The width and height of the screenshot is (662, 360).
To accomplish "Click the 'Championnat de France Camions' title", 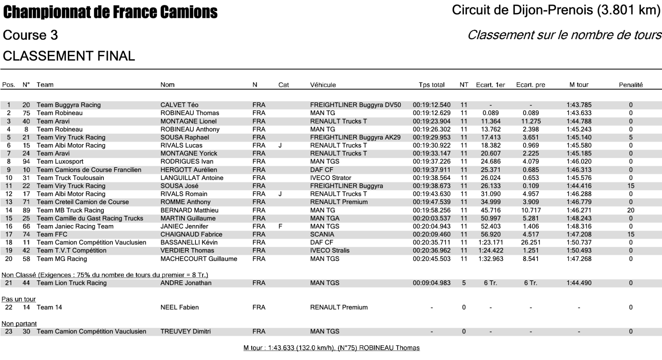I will click(110, 12).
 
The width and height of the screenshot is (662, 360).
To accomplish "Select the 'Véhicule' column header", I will click(323, 85).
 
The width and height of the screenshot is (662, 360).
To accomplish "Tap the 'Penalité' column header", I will click(631, 85).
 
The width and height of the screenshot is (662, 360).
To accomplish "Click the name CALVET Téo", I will click(179, 105).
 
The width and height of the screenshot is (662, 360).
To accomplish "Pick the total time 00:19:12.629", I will click(432, 113).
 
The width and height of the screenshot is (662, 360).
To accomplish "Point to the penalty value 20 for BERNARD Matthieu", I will click(631, 210).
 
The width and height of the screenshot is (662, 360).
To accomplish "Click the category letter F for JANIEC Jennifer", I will click(280, 227).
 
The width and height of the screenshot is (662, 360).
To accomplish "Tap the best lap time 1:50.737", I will click(579, 242).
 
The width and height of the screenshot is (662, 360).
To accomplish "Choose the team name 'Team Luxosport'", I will click(60, 162).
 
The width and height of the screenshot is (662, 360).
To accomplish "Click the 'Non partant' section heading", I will click(19, 324).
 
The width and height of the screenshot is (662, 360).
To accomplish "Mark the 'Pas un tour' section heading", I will click(19, 299).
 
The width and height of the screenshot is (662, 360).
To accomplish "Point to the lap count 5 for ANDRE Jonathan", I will click(464, 283).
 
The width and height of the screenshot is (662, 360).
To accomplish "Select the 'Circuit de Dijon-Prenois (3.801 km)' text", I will click(556, 10).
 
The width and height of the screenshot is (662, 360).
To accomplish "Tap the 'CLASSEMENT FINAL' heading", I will click(69, 56).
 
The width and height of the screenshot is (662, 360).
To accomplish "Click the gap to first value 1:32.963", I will click(491, 259).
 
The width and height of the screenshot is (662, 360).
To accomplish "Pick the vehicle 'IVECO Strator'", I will click(331, 178).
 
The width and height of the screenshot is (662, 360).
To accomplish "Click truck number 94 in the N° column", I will click(26, 162).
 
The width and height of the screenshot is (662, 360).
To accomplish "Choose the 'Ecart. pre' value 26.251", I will click(531, 242).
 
